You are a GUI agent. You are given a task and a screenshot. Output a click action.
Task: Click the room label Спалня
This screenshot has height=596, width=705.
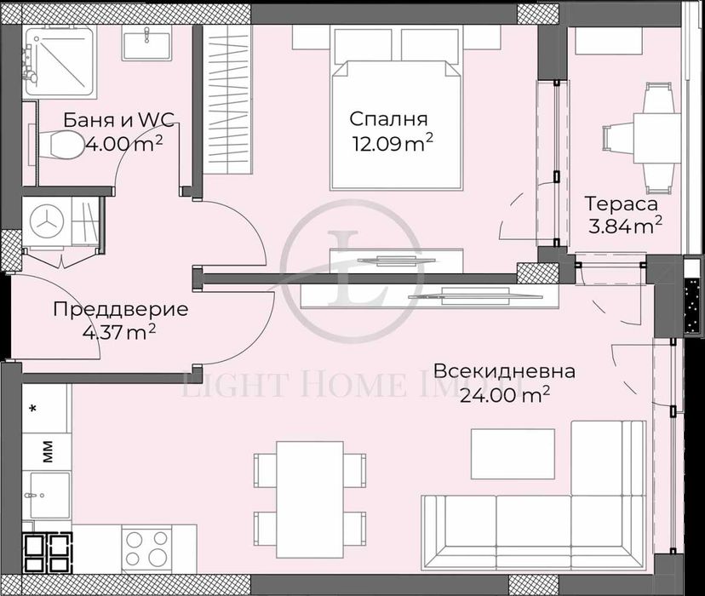coord(387,119)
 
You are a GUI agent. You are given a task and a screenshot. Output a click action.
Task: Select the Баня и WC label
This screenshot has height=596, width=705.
coord(119,121)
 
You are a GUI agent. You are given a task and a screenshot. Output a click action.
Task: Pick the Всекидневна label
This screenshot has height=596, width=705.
coord(504,371)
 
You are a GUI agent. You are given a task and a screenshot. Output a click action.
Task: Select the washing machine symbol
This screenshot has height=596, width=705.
coord(45,221)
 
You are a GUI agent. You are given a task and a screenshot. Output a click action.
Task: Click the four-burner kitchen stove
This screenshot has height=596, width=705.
coord(147,544)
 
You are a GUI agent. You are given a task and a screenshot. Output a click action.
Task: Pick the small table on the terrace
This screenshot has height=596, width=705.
coord(656,136)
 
